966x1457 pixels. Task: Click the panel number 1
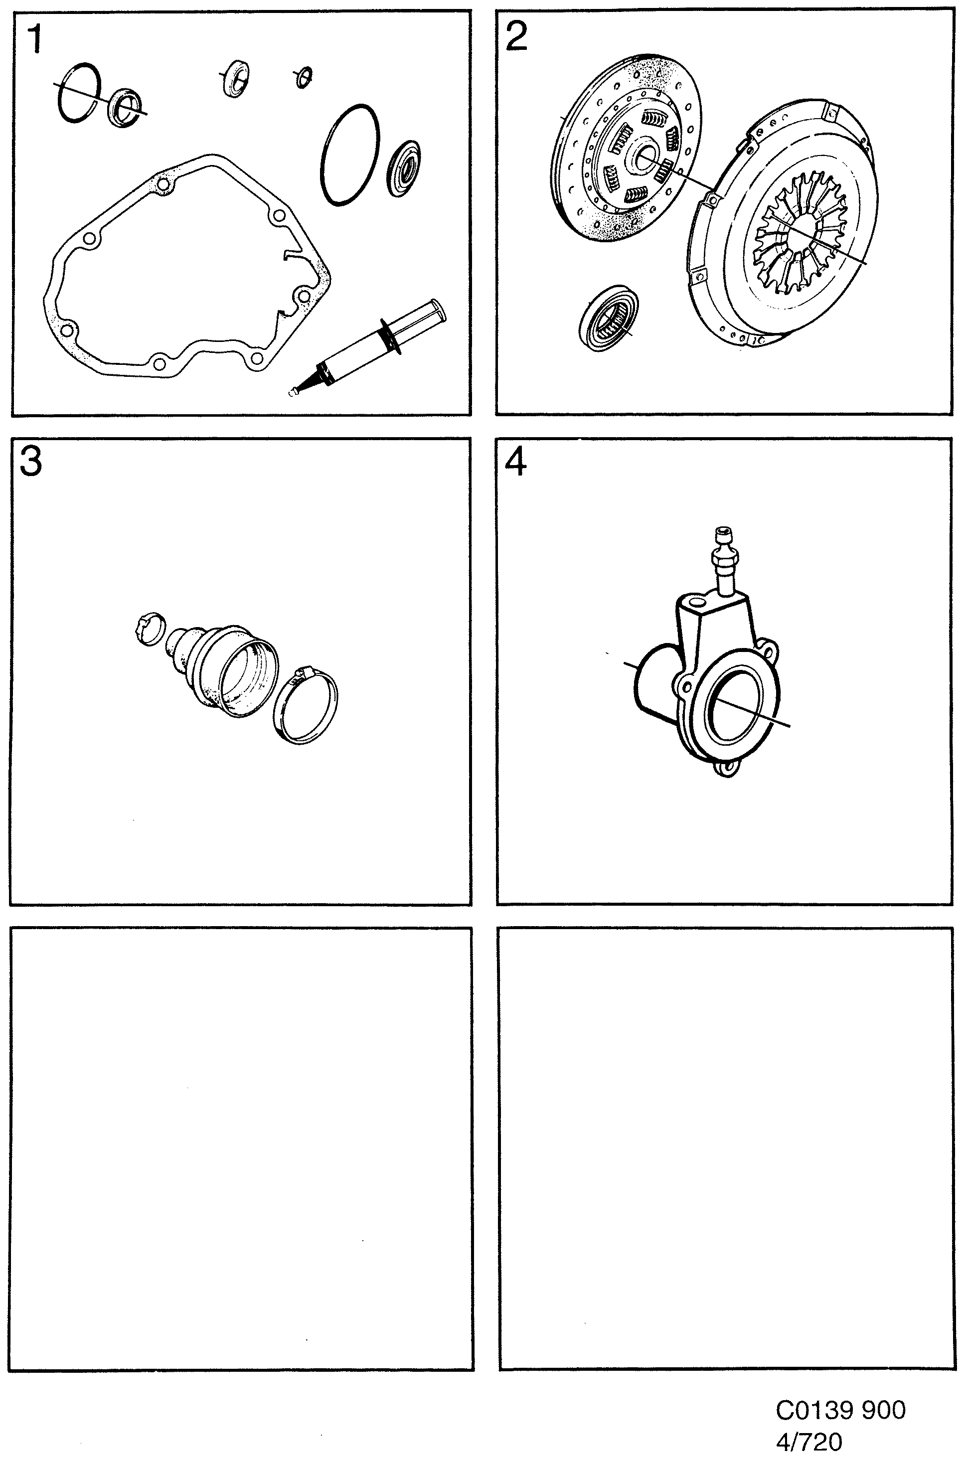point(34,39)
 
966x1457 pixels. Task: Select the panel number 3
point(31,461)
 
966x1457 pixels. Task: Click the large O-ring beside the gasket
point(349,155)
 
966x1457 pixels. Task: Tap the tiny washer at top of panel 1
point(303,77)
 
